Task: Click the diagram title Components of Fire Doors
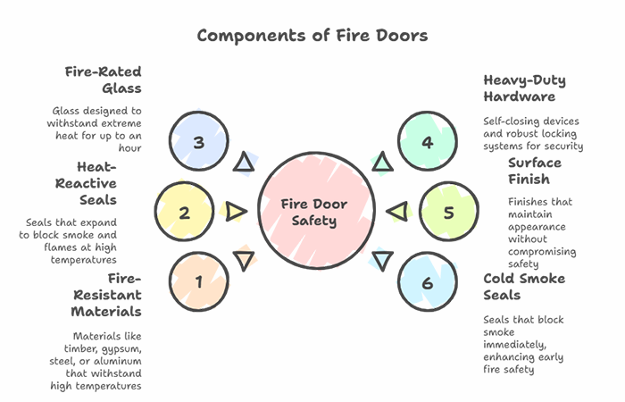[x=312, y=36]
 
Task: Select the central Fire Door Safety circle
[x=312, y=212]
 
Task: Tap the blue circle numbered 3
[x=198, y=142]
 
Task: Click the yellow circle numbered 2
[x=185, y=213]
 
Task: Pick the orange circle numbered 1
[x=198, y=282]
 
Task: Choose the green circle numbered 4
[x=427, y=142]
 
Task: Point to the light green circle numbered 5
[x=448, y=213]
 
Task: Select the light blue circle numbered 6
[x=427, y=282]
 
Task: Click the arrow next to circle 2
[x=236, y=212]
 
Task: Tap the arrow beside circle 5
[x=397, y=212]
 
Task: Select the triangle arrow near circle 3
[x=243, y=163]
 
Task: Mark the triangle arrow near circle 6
[x=382, y=261]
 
